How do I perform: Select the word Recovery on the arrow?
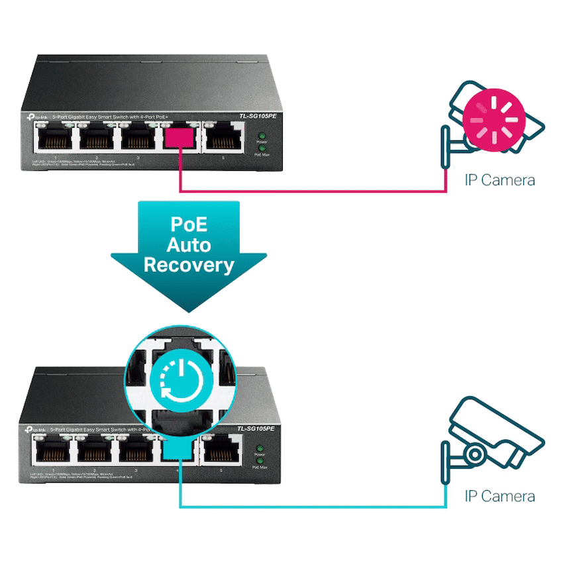(189, 266)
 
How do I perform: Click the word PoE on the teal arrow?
(189, 223)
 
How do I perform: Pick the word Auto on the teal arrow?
(189, 244)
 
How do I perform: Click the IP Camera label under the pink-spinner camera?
(499, 179)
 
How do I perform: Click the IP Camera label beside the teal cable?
(499, 496)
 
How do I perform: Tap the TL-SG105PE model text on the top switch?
(256, 116)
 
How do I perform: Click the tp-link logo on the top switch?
(36, 116)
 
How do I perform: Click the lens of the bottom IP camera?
(474, 453)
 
